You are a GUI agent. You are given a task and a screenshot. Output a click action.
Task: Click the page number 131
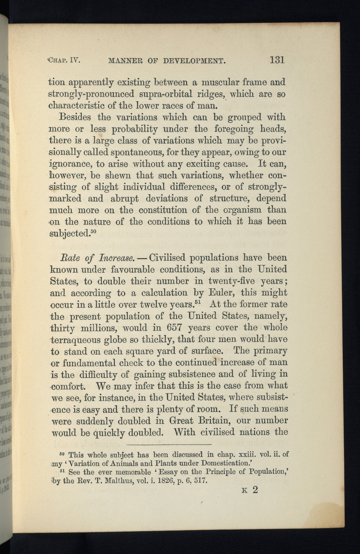(x=276, y=59)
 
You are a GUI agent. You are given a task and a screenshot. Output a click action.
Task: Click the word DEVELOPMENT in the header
(x=194, y=61)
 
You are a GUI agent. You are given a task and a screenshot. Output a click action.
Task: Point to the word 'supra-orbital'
(x=168, y=94)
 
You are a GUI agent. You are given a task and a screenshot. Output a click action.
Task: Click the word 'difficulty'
(x=99, y=375)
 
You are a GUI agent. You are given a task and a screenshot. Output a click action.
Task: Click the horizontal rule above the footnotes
(x=169, y=445)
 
